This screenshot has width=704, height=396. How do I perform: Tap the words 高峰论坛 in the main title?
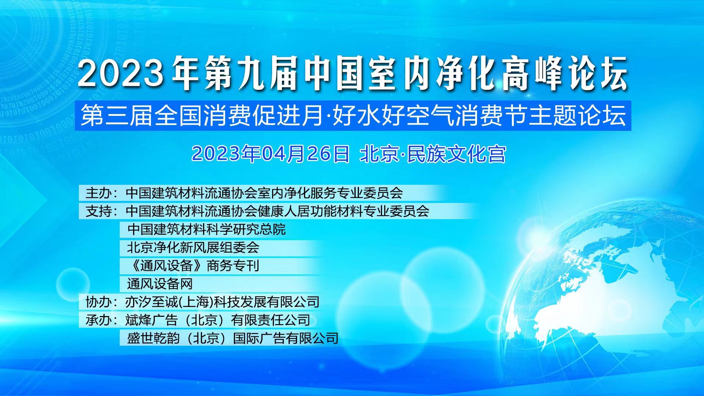click(565, 74)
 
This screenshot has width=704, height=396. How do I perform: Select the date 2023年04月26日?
click(271, 154)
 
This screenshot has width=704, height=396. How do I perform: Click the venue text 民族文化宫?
click(456, 154)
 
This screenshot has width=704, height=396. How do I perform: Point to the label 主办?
click(99, 193)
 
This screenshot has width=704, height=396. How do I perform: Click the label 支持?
click(99, 211)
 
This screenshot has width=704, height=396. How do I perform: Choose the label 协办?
click(99, 302)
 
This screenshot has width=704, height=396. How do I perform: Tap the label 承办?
click(99, 320)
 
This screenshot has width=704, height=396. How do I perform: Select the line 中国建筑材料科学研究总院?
click(206, 230)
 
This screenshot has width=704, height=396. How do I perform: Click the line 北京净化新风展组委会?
click(193, 247)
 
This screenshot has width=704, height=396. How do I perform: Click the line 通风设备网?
click(160, 284)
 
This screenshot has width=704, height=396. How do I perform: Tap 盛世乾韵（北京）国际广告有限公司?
click(232, 338)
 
